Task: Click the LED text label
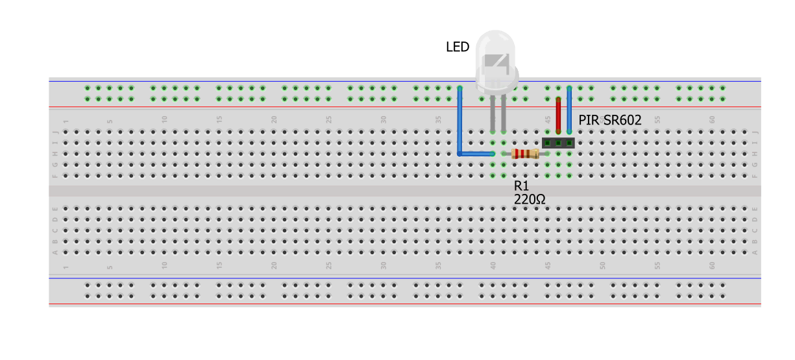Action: pos(457,47)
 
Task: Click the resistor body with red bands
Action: pos(525,154)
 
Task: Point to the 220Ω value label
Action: pos(530,200)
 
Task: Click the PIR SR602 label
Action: pos(609,120)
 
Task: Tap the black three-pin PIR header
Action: pos(558,142)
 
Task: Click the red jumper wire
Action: pos(558,114)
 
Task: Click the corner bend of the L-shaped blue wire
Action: pos(460,154)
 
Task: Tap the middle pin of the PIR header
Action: pos(558,142)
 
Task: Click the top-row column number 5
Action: pos(110,120)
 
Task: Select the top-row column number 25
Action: pos(329,120)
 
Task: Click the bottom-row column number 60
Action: pos(712,265)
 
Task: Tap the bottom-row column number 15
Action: pos(219,265)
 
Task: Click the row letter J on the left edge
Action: pos(55,132)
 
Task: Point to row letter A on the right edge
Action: pos(755,252)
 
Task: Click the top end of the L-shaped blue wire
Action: pos(460,88)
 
